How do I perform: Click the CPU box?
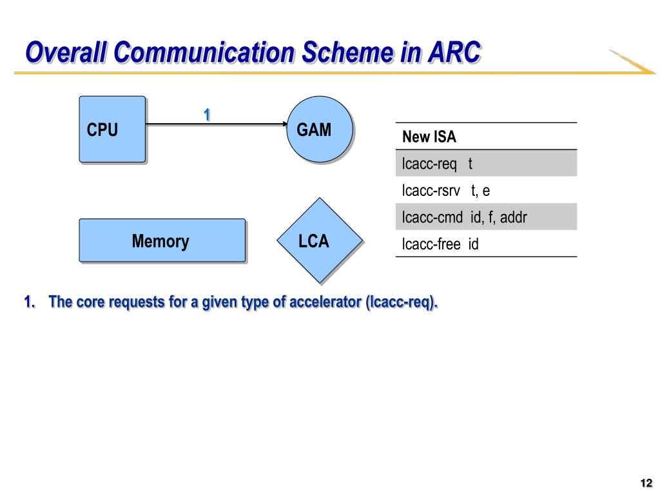pos(112,129)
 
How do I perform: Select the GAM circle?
pos(320,129)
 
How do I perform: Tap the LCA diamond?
pos(320,240)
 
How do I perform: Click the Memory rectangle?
pos(162,240)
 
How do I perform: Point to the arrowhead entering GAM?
pos(285,124)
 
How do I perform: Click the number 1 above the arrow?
pos(207,115)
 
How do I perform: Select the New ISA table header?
pos(486,137)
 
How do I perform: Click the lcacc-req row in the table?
pos(486,163)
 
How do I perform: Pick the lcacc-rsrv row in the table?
pos(486,190)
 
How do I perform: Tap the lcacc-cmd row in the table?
pos(486,217)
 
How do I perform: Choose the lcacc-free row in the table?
pos(486,243)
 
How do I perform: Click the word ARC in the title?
pos(454,52)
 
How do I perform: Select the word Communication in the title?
pos(204,52)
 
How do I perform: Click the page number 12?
pos(646,483)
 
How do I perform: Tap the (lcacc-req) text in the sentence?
pos(402,302)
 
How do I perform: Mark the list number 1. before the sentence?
pos(30,302)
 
